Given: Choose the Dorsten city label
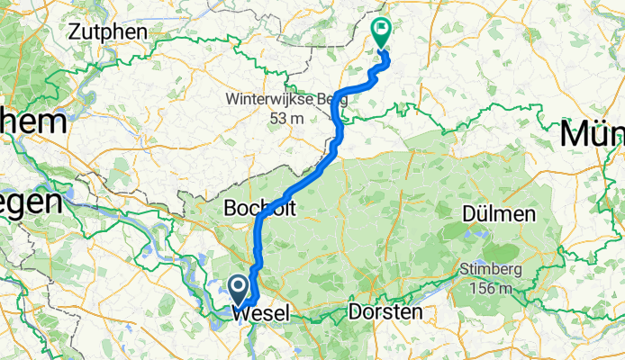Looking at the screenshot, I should (385, 311).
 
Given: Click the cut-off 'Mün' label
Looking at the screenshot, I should (592, 135).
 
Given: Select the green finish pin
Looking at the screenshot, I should (381, 32).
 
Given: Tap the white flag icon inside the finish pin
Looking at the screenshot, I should (381, 29).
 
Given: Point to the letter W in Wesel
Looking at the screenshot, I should (240, 313).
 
